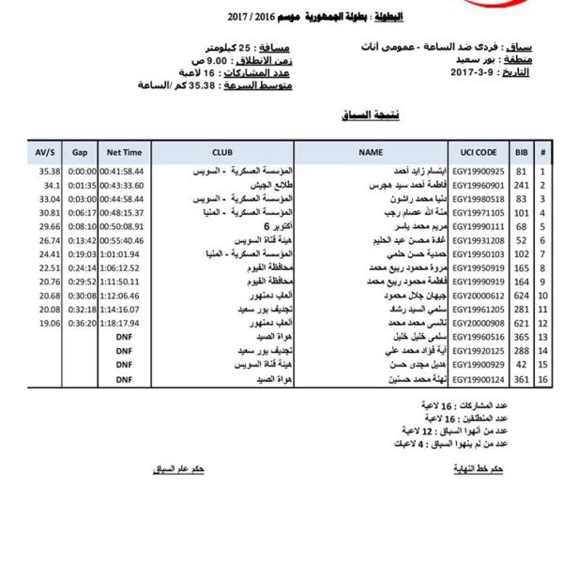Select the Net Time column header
click(x=125, y=150)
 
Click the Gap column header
click(x=81, y=150)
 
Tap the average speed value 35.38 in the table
click(x=49, y=172)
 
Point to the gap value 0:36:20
click(x=83, y=322)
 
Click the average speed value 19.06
click(x=49, y=322)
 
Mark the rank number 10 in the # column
click(x=543, y=295)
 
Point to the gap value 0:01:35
click(x=83, y=185)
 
